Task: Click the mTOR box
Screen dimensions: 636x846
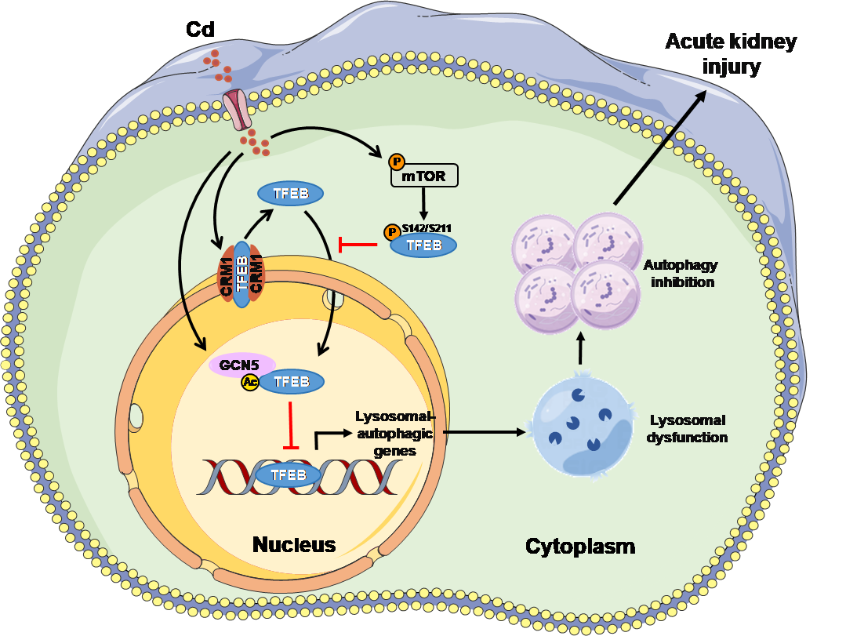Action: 424,176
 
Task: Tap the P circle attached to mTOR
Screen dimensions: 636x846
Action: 397,162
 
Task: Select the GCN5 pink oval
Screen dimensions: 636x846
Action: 241,364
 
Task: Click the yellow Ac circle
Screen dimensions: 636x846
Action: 250,382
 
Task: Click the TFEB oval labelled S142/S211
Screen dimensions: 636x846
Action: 423,245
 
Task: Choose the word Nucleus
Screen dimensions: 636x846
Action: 294,544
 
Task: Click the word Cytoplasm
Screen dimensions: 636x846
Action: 579,546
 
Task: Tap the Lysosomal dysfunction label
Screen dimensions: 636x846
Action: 687,428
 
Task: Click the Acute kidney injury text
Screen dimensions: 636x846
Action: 731,53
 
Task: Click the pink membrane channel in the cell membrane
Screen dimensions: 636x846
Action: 238,110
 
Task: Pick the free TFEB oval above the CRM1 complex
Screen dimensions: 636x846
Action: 291,194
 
